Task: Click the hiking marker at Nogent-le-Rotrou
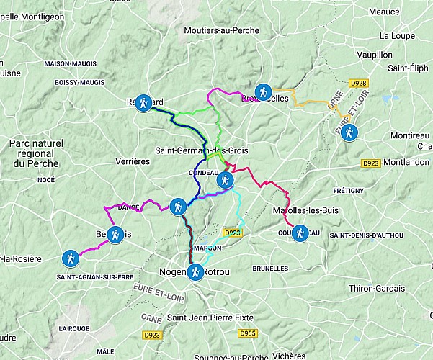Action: [195, 272]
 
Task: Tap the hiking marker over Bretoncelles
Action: [263, 91]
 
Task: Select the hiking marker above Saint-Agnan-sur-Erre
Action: [69, 258]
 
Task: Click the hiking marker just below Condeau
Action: [226, 180]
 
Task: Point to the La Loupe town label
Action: [395, 35]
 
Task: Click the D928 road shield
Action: [358, 84]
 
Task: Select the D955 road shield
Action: [248, 333]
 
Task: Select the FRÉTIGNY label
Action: [348, 191]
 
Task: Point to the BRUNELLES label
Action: [271, 268]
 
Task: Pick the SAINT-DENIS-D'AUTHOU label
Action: [367, 235]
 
